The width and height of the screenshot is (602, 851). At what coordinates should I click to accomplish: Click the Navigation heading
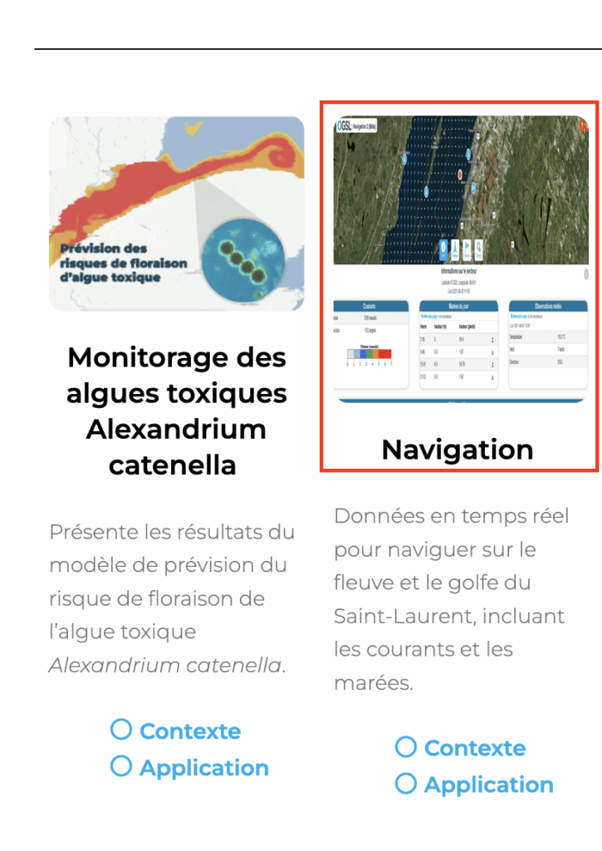click(458, 450)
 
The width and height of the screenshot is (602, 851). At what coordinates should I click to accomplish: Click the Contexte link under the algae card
click(190, 731)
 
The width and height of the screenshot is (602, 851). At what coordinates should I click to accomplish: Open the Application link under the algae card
click(203, 768)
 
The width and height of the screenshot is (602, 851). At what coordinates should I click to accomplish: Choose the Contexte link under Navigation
click(474, 748)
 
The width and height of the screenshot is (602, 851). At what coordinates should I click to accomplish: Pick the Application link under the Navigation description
click(488, 785)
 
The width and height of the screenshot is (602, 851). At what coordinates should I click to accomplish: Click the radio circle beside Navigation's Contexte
click(405, 747)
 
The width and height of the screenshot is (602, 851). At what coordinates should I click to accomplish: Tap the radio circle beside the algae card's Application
click(121, 766)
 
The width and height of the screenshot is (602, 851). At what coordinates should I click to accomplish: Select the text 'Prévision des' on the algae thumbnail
click(104, 248)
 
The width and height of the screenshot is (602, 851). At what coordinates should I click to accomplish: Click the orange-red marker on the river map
click(460, 175)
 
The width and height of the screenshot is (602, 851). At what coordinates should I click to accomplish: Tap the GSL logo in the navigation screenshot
click(345, 125)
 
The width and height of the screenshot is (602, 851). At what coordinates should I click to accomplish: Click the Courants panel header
click(370, 306)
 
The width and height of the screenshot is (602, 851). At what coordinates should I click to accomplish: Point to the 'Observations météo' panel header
click(547, 306)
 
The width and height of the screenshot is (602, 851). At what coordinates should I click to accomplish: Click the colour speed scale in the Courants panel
click(370, 353)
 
